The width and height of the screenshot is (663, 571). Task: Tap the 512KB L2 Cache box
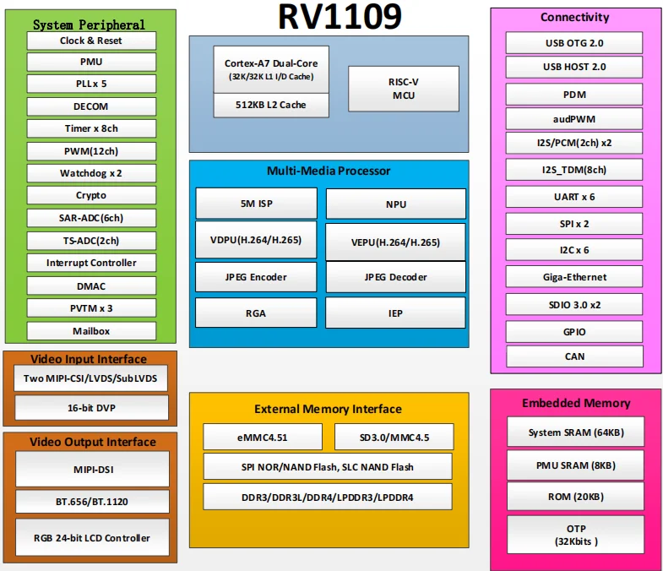tap(271, 105)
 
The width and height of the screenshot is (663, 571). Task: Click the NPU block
tap(395, 204)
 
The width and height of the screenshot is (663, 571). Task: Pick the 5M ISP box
tap(256, 204)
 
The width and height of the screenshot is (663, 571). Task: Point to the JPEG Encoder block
tap(256, 277)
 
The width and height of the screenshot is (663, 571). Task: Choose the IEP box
tap(395, 313)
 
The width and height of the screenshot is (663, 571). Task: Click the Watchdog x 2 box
tap(91, 173)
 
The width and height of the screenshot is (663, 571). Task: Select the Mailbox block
tap(91, 330)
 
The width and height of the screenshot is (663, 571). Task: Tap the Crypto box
tap(91, 195)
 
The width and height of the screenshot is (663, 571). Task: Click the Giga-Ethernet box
tap(574, 277)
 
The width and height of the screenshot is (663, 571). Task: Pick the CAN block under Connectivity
tap(574, 356)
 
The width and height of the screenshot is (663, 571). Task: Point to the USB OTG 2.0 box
tap(574, 42)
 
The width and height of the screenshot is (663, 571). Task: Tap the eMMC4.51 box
tap(263, 437)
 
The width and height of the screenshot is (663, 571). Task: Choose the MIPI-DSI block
tap(92, 469)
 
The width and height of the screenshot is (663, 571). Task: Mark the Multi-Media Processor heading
tap(329, 171)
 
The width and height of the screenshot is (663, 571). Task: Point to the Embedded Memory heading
tap(576, 403)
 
